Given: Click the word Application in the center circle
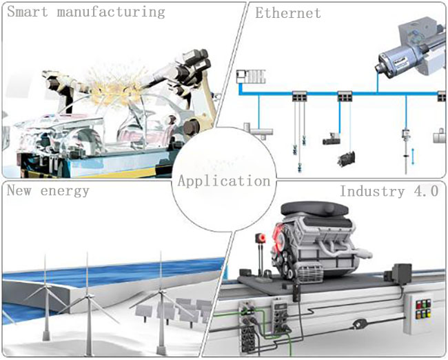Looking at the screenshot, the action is (224, 181).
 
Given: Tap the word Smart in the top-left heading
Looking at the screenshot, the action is (28, 12).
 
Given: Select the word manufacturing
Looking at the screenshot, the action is (111, 12).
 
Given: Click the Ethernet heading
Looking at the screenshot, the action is (287, 13).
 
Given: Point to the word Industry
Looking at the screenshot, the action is (372, 191).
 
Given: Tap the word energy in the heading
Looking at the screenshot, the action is (65, 191).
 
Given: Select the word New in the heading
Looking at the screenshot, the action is (19, 190).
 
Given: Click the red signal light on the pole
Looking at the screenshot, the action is (261, 238).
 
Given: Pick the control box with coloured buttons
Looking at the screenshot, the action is (420, 314).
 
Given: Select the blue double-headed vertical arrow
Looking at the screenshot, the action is (413, 157).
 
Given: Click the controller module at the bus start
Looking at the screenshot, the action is (251, 77).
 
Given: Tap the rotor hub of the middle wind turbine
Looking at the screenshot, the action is (88, 297).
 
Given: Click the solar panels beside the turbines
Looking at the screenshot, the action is (175, 310).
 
